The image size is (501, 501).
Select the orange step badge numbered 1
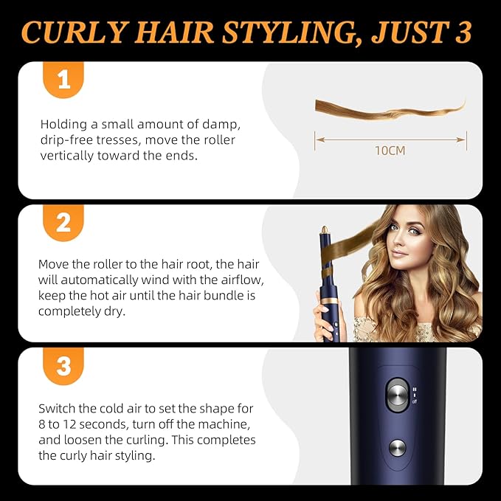pyautogui.click(x=63, y=80)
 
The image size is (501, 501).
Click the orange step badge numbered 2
pyautogui.click(x=63, y=222)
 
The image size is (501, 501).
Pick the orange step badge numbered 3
pyautogui.click(x=63, y=365)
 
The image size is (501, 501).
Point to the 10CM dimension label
pyautogui.click(x=390, y=151)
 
